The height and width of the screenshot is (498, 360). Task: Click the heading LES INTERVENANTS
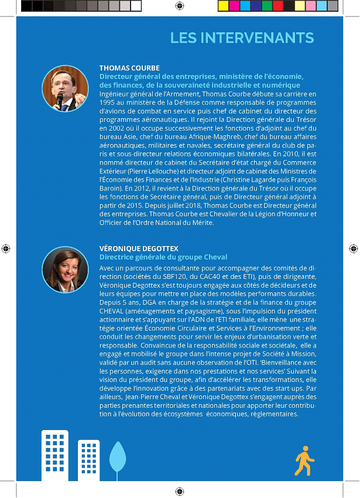tap(242, 38)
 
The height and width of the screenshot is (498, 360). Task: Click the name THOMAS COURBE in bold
tap(129, 68)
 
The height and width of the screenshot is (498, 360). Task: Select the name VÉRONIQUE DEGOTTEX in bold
tap(139, 248)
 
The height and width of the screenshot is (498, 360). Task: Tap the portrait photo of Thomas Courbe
tap(66, 88)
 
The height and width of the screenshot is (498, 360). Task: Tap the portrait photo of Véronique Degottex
tap(66, 270)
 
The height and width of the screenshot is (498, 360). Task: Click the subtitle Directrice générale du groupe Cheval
tap(163, 257)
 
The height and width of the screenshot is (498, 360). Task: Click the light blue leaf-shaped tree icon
tap(118, 457)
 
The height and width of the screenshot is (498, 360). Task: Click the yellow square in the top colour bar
tap(222, 6)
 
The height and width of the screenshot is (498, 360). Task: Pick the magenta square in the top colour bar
tap(234, 6)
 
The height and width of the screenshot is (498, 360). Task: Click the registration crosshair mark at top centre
tap(180, 6)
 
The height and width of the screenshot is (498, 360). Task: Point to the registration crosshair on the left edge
tap(5, 248)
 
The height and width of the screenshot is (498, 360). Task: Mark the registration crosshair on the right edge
tap(354, 248)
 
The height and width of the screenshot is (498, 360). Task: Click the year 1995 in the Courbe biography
tap(108, 102)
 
